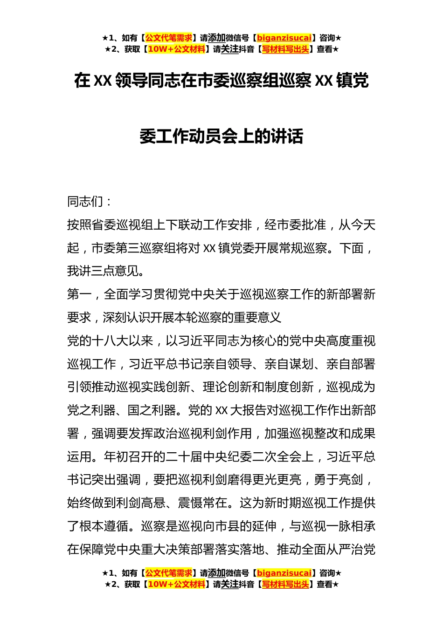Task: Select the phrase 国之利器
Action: point(152,410)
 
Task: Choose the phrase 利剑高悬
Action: point(140,503)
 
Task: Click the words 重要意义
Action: point(257,318)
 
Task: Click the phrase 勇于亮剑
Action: point(338,480)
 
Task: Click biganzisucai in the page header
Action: point(284,38)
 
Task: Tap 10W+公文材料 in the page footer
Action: point(176,585)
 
